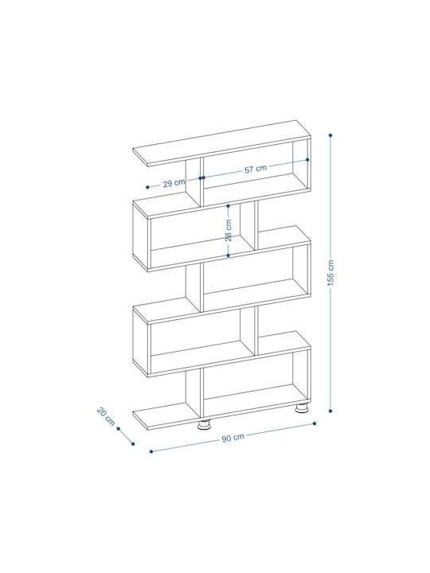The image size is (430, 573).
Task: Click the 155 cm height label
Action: (330, 273)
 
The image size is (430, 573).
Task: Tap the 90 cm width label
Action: (233, 438)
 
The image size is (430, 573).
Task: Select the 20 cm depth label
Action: (106, 416)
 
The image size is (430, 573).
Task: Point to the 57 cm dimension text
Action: (256, 169)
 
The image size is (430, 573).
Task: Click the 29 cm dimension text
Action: (174, 183)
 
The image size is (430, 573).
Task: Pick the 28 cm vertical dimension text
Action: (229, 230)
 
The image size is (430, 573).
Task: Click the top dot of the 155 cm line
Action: (330, 135)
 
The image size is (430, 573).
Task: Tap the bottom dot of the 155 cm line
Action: (330, 411)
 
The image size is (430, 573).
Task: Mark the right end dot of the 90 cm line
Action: (315, 423)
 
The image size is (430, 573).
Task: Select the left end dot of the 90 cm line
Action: (151, 452)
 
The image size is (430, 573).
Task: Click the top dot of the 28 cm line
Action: (229, 206)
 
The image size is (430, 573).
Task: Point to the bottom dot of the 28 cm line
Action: (229, 255)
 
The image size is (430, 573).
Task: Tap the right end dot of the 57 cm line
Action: (307, 160)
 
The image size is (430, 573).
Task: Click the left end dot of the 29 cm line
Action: (148, 187)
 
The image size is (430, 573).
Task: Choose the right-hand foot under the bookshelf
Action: (302, 407)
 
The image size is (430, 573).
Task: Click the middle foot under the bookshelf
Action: (205, 425)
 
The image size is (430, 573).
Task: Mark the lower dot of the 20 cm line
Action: (133, 444)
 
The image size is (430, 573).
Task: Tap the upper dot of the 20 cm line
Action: (119, 429)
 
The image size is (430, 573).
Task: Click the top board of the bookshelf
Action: (221, 143)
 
